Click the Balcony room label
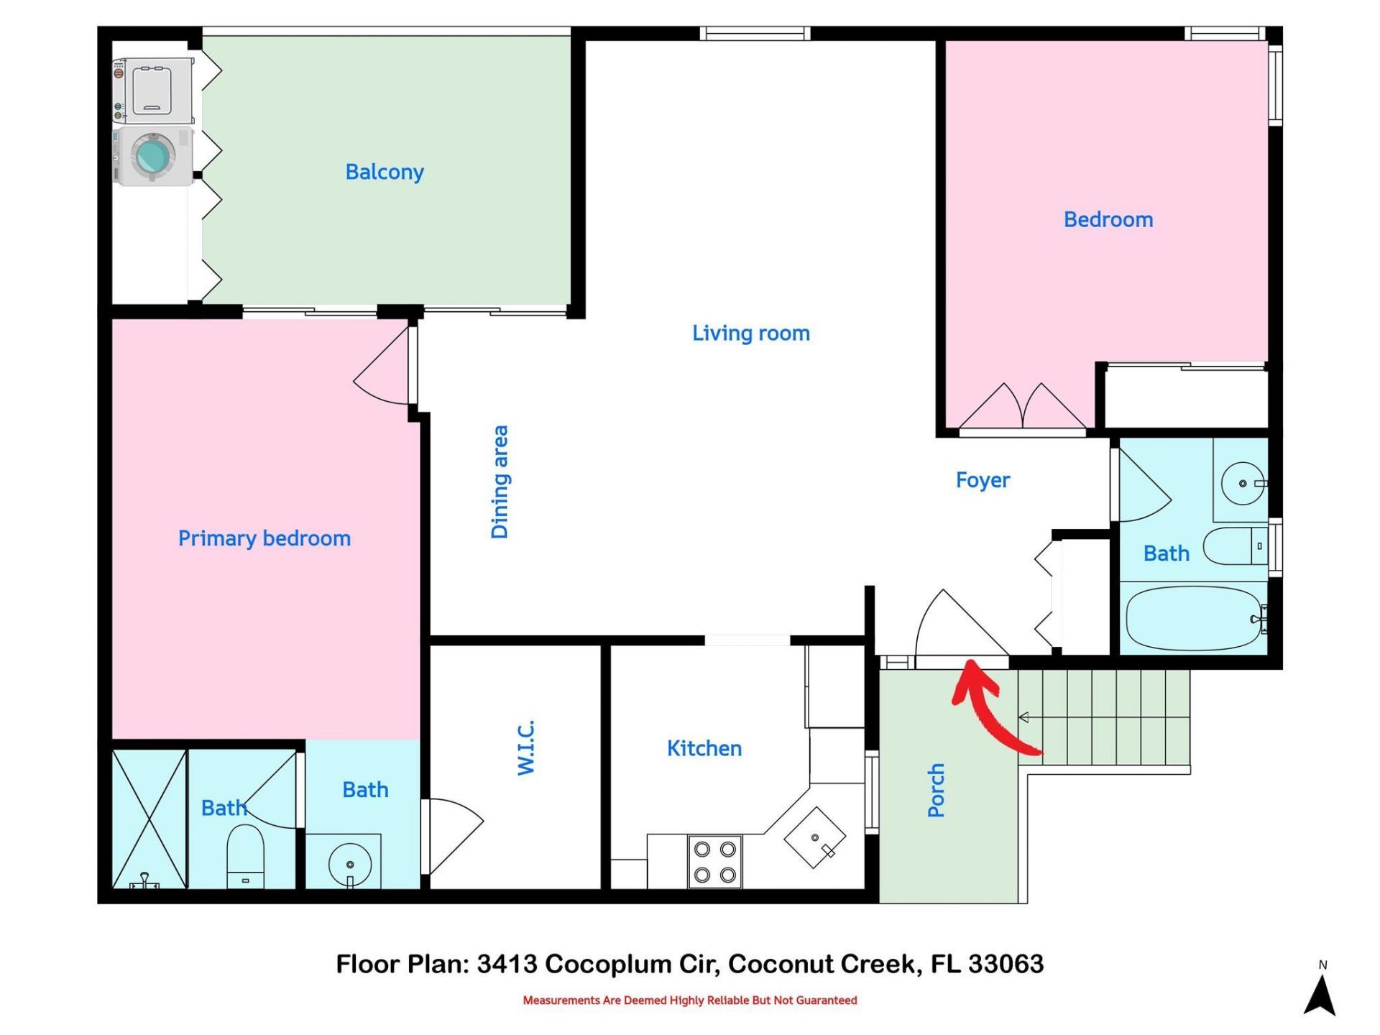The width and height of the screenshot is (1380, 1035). [x=385, y=172]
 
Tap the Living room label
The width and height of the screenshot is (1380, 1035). [x=750, y=333]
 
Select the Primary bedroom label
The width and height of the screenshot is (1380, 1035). [x=264, y=538]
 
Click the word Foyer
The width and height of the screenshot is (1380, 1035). [x=982, y=479]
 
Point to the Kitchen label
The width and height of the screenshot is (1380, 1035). [x=704, y=748]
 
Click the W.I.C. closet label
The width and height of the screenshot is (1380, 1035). [x=526, y=747]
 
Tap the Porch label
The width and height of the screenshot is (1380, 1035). [x=935, y=790]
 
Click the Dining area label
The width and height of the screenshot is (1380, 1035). [x=500, y=482]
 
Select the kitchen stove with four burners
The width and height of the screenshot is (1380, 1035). [x=714, y=862]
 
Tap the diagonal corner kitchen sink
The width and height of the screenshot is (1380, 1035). [x=814, y=837]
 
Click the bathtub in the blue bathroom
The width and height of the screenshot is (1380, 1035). [x=1193, y=618]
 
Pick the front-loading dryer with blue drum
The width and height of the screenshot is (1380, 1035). [x=153, y=155]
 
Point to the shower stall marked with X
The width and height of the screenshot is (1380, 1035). [x=149, y=819]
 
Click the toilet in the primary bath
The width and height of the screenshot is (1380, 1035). [x=245, y=856]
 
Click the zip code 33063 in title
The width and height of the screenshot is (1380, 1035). [x=1006, y=964]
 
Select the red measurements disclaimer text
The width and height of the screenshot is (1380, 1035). [x=689, y=1000]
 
